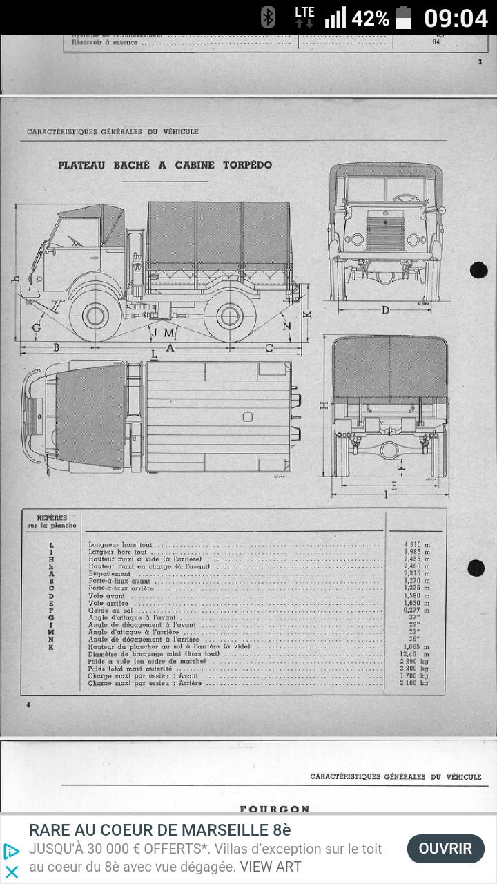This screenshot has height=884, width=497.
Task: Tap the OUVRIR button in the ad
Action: tap(445, 848)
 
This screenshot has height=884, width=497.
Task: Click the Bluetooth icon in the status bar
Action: tap(268, 17)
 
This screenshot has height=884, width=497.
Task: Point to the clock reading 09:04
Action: tap(456, 18)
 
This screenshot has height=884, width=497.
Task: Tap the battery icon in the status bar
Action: tap(404, 17)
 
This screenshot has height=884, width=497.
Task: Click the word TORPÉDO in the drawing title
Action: tap(247, 165)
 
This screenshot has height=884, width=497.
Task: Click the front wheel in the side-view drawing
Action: tap(95, 316)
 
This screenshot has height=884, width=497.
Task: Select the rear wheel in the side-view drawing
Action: tap(229, 316)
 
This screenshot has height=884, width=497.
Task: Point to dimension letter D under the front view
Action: tap(385, 310)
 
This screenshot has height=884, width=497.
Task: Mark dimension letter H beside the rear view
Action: tap(323, 406)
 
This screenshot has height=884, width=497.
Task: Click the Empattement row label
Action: tap(110, 574)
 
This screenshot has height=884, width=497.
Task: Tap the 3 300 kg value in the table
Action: tap(415, 669)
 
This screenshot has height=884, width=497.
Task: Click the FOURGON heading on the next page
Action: tap(275, 809)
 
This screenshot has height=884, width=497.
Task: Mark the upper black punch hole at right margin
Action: tap(478, 270)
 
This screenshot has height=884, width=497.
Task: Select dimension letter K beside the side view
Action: tap(308, 314)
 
